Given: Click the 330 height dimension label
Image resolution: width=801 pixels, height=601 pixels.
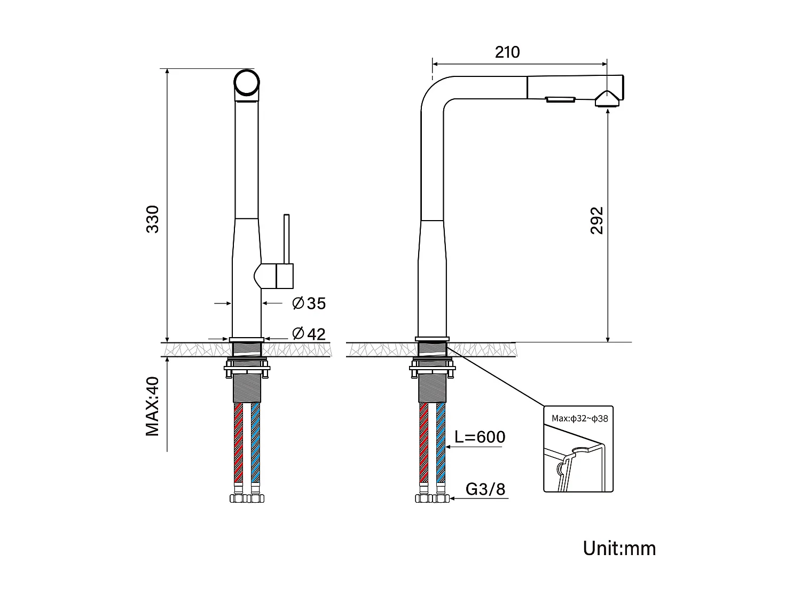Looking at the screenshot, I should (153, 218).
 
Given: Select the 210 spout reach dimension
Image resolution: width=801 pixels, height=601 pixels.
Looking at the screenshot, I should (507, 52).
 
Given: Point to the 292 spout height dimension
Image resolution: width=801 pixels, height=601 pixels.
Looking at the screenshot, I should (596, 220).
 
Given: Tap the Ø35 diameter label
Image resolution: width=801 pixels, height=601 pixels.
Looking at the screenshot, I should (309, 303).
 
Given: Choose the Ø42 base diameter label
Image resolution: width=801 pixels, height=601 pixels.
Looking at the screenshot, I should (309, 334).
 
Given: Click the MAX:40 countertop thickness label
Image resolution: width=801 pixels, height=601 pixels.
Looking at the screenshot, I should (153, 406).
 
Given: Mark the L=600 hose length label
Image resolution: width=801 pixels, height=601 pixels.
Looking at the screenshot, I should (480, 437).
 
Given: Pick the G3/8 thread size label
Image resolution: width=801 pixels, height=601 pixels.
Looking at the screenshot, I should (485, 489).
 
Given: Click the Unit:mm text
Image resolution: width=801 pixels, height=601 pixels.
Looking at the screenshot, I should (619, 548).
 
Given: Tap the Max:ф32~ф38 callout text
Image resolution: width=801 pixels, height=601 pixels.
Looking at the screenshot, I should (580, 418).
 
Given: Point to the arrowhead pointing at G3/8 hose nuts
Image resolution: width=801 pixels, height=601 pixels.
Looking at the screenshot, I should (453, 498).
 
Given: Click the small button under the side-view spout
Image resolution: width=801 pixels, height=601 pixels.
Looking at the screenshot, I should (560, 99).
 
